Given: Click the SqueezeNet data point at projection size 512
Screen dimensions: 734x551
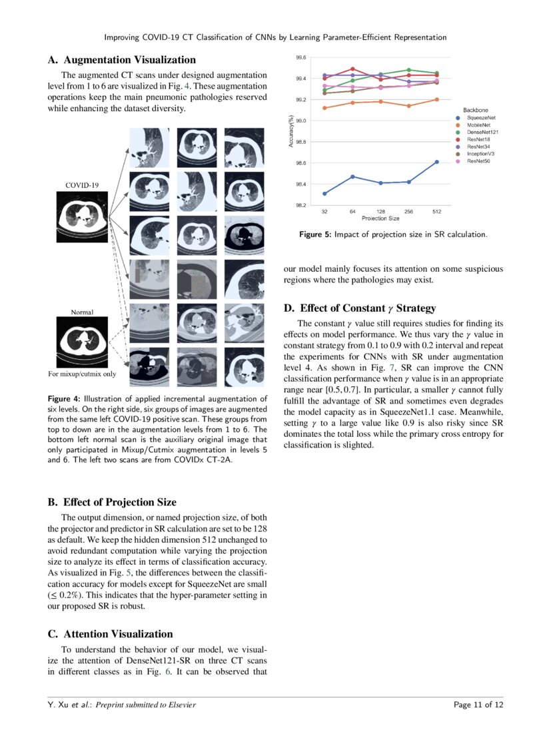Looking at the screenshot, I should click(x=436, y=161).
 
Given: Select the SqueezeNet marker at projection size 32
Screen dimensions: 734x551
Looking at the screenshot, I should click(x=324, y=194).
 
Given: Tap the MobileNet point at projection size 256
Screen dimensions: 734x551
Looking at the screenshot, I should click(x=408, y=106).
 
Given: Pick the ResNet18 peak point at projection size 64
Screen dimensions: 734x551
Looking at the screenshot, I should click(x=352, y=69).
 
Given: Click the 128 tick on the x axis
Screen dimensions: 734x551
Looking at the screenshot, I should click(x=380, y=211).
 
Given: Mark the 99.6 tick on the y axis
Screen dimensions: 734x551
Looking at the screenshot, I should click(x=301, y=58).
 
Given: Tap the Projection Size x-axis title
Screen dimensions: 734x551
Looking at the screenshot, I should click(x=380, y=218).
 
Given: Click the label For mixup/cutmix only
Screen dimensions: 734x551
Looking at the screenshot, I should click(x=81, y=374).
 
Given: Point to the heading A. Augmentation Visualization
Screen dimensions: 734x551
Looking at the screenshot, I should click(x=122, y=61).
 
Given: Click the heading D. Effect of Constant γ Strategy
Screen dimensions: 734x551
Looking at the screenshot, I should click(x=359, y=308).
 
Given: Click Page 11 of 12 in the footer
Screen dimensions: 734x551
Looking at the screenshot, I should click(x=478, y=705).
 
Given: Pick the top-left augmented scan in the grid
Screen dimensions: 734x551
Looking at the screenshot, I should click(x=149, y=148).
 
